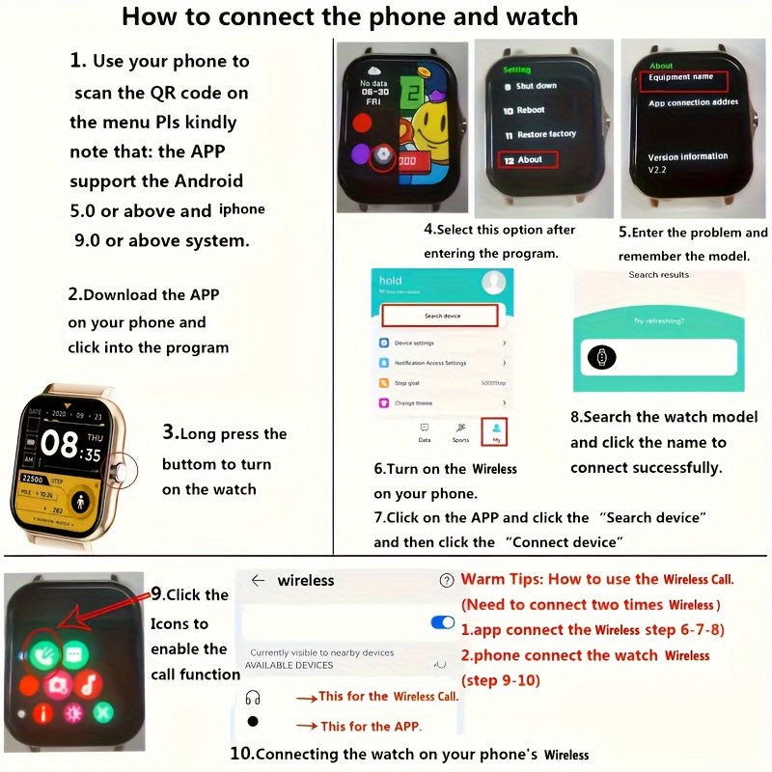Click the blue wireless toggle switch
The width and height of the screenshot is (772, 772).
click(x=442, y=622)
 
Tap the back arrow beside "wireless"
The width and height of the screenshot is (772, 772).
click(x=258, y=581)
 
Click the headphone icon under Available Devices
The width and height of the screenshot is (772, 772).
click(x=253, y=697)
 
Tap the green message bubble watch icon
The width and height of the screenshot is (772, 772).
click(x=75, y=654)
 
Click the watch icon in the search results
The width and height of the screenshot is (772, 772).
click(x=598, y=358)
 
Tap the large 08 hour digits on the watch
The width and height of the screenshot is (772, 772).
click(x=59, y=445)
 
